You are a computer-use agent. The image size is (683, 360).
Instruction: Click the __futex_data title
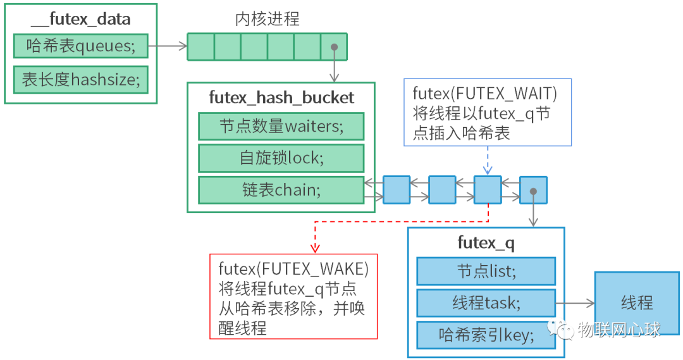[80, 19]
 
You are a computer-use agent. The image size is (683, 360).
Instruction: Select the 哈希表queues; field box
[80, 46]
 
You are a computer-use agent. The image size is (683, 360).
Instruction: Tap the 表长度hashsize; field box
[80, 80]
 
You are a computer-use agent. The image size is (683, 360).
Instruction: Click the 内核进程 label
[267, 19]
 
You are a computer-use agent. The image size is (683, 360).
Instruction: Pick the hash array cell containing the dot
[334, 47]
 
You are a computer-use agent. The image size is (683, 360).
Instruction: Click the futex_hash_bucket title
[281, 98]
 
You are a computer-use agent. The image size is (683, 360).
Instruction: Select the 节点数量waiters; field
[281, 127]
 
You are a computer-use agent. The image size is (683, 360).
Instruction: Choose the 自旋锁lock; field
[281, 158]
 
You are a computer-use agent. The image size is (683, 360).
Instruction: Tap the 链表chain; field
[281, 190]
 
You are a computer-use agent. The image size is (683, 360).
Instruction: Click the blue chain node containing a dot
[533, 190]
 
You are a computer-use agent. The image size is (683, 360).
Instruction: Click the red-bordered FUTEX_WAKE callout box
[293, 296]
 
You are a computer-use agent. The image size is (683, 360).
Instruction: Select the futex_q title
[486, 242]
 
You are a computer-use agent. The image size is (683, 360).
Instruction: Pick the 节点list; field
[486, 271]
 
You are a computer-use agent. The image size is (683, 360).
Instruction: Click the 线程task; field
[486, 303]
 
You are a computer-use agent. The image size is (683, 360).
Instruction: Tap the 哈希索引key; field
[486, 335]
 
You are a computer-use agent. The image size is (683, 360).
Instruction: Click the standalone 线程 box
[637, 302]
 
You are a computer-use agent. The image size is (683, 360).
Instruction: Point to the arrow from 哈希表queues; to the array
[168, 46]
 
